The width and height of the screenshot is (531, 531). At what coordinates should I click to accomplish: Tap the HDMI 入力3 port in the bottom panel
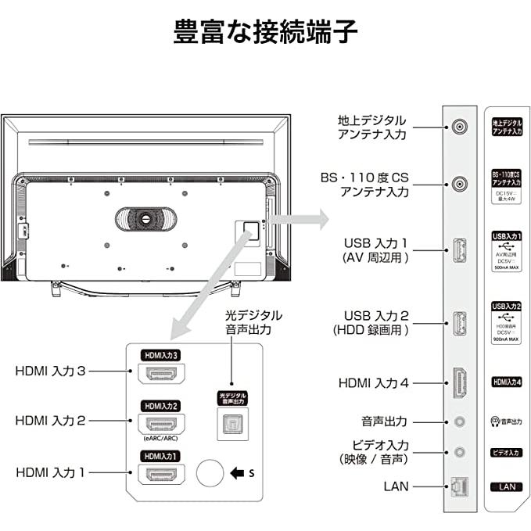(160, 374)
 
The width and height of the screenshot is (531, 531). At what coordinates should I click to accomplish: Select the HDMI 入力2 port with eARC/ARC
(160, 425)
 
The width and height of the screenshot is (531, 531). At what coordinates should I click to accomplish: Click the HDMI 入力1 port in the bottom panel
(160, 474)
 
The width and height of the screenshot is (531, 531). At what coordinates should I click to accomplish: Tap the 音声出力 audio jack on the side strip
(461, 422)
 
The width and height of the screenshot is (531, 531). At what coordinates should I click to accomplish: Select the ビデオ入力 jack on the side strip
(461, 452)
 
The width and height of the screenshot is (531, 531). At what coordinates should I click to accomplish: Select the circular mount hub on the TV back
(145, 218)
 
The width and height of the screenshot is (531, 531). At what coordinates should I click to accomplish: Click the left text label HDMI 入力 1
(61, 473)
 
